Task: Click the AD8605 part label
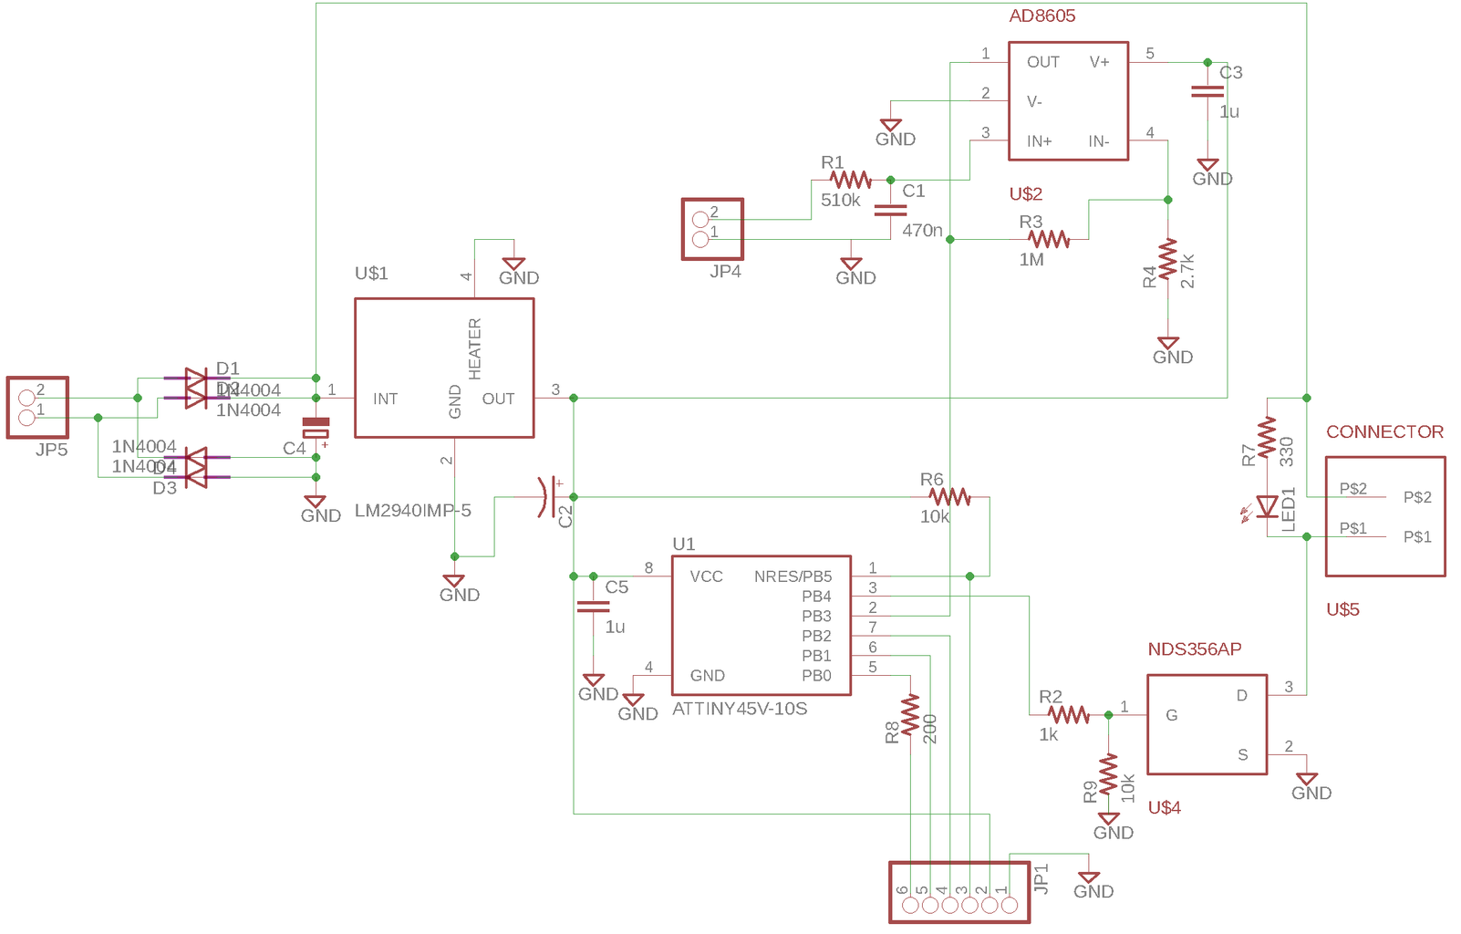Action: (1041, 16)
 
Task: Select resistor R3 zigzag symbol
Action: (1049, 239)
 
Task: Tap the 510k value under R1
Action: (840, 200)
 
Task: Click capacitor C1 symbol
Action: (890, 210)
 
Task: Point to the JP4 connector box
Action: (712, 229)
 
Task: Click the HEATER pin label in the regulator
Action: (474, 348)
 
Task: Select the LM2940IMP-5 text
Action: (412, 511)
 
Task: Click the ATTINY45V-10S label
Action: (739, 709)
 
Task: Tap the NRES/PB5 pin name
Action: (793, 576)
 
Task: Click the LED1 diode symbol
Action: (1267, 507)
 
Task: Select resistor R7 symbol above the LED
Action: (1267, 438)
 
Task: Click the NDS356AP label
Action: (1194, 649)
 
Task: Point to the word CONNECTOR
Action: (1383, 432)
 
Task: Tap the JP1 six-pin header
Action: (959, 893)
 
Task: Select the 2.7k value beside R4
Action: (1187, 271)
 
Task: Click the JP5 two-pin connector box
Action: (37, 408)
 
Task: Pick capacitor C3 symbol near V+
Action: (1207, 91)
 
